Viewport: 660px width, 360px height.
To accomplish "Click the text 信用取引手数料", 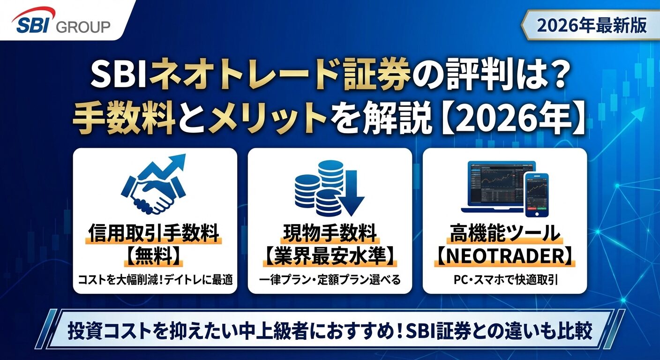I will click(x=155, y=233).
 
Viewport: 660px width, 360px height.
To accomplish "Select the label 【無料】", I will click(x=155, y=256).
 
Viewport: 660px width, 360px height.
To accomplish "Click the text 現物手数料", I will click(x=330, y=233).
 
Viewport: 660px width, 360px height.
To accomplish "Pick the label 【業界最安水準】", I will click(x=330, y=256).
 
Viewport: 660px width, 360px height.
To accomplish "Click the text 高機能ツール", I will click(x=504, y=233).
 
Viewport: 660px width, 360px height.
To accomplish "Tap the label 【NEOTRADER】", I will click(x=504, y=256).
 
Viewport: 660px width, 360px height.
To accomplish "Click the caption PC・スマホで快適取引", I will click(x=504, y=280).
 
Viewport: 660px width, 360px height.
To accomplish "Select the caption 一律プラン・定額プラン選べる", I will click(x=330, y=280).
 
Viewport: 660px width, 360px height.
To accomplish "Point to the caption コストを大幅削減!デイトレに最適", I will click(x=155, y=280).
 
